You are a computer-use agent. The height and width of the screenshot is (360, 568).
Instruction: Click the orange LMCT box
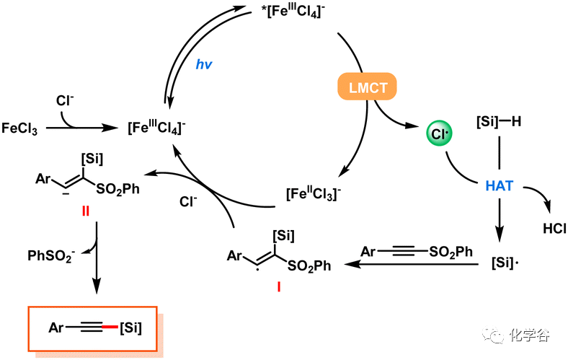(x=368, y=87)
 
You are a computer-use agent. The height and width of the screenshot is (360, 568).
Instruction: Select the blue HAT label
(x=500, y=185)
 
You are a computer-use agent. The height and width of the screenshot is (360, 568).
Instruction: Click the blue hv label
(x=205, y=63)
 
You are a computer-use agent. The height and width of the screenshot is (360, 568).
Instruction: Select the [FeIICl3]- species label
(x=311, y=194)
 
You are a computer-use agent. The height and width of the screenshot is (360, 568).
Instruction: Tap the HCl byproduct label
(x=552, y=229)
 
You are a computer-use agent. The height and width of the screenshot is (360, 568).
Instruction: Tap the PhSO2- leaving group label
(x=51, y=255)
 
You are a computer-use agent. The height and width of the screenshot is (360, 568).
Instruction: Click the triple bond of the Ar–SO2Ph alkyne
(x=403, y=252)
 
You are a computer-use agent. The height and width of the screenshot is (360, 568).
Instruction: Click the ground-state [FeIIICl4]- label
(x=157, y=128)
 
